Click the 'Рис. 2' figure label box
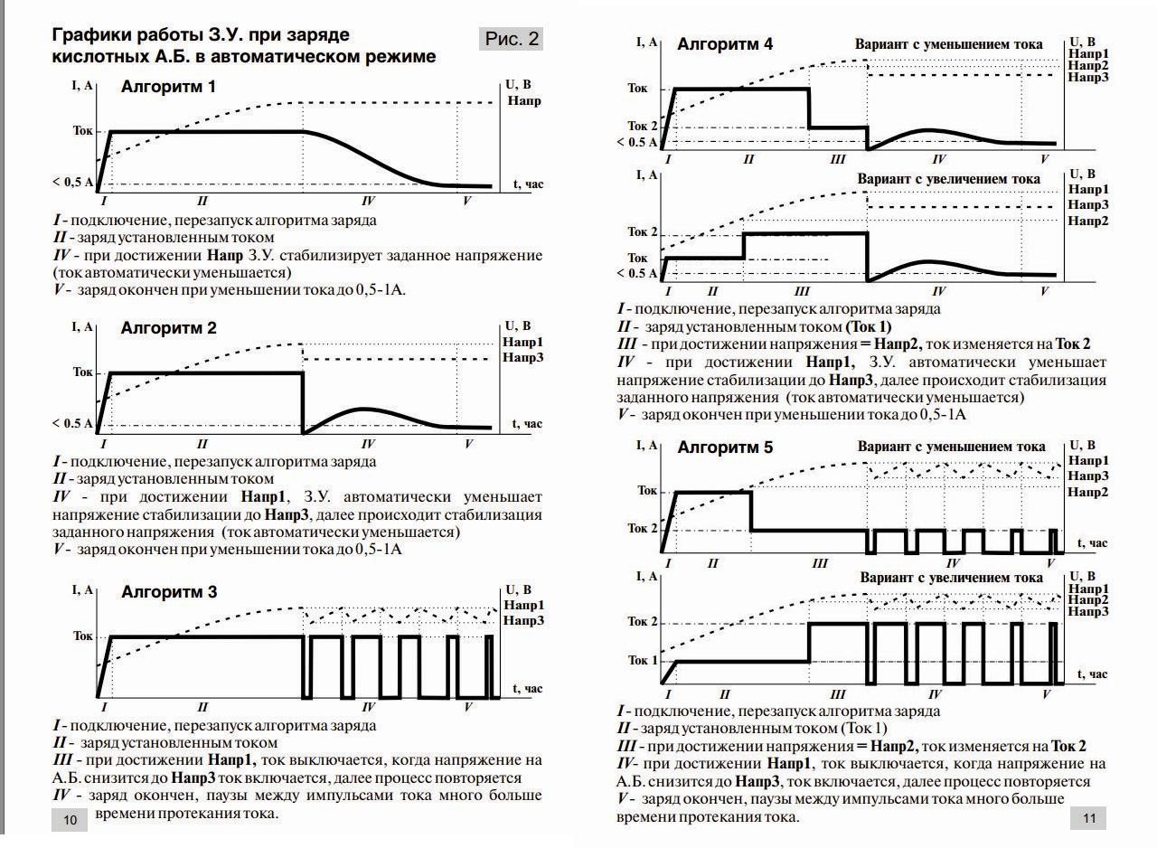512,39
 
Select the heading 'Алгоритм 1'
168,88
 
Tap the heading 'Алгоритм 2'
168,328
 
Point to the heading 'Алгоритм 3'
169,592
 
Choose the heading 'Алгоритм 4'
725,44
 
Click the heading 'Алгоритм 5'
725,447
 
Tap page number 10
70,820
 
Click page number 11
1087,819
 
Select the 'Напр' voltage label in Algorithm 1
524,100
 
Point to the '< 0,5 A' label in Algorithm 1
73,183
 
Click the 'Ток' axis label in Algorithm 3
82,636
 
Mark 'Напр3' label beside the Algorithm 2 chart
524,359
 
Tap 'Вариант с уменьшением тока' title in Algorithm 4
948,44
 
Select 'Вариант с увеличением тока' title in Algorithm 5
951,578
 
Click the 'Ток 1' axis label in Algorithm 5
643,660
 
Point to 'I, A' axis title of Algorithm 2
82,326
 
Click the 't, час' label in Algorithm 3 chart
528,689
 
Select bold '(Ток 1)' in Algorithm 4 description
868,326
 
